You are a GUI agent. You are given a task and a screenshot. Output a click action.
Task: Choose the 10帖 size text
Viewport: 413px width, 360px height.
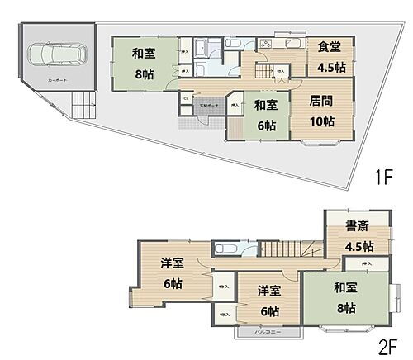click(322, 121)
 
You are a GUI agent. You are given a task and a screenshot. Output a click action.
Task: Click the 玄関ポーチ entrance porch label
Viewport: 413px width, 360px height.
click(209, 105)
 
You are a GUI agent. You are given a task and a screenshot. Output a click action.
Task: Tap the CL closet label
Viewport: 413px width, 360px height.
click(186, 99)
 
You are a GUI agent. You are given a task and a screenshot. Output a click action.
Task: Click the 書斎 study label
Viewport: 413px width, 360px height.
click(356, 227)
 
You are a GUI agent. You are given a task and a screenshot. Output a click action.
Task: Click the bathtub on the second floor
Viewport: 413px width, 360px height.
click(225, 248)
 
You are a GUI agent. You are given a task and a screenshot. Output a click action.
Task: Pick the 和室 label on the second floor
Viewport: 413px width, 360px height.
click(347, 289)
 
